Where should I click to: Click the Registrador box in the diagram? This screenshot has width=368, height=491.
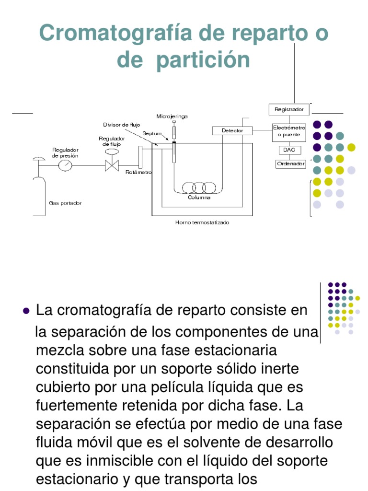289,109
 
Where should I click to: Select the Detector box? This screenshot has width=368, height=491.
232,130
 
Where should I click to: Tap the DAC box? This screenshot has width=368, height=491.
289,150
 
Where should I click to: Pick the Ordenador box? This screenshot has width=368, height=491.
290,164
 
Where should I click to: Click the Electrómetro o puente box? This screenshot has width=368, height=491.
289,131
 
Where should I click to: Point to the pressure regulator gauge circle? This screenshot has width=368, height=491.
65,165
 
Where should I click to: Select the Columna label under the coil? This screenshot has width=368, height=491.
199,198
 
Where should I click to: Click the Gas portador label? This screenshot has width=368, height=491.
66,203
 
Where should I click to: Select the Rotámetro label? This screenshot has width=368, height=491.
138,172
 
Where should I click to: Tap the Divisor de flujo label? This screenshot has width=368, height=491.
122,125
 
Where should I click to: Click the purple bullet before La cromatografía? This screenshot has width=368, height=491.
27,311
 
